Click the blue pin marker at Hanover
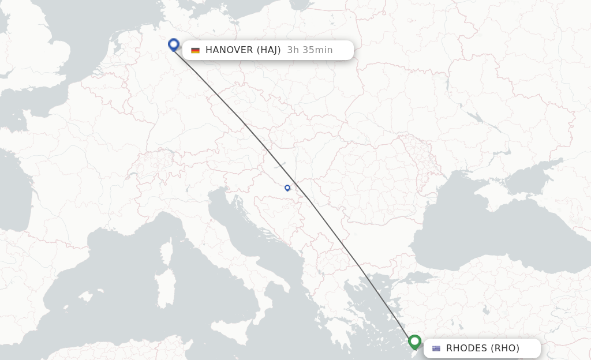174,44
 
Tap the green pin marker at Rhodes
414,342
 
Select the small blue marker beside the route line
287,187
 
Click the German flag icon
196,50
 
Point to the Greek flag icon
436,348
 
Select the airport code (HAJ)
269,50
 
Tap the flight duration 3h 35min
310,50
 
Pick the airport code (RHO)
506,348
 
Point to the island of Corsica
166,253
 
